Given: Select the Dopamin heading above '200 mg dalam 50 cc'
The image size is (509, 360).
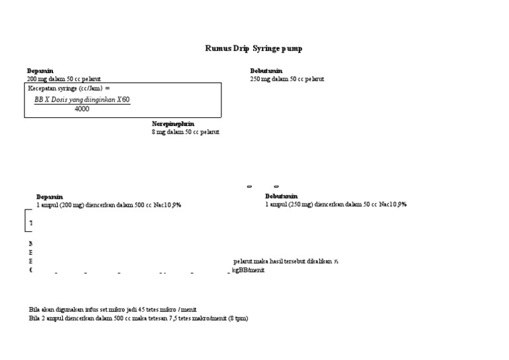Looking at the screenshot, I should tap(40, 71).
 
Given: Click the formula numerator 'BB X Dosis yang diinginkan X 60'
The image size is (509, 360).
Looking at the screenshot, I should tap(82, 99).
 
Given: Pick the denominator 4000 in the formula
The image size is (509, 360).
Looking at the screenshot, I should tap(82, 109).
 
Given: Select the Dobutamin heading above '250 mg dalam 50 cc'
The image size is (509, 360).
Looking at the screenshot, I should tap(266, 71).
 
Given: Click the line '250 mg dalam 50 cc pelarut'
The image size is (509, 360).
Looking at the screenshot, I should tap(287, 79).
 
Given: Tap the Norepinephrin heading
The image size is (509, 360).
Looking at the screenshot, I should tap(173, 124).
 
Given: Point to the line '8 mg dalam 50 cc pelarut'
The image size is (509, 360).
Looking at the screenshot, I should tap(186, 132).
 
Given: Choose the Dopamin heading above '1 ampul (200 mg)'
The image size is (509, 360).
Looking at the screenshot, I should tap(50, 197).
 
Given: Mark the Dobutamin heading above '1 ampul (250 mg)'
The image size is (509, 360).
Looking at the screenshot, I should tap(282, 197).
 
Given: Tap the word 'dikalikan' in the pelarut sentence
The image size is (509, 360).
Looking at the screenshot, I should tap(320, 262).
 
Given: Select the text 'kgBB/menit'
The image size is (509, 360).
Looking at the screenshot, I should tap(248, 270).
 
